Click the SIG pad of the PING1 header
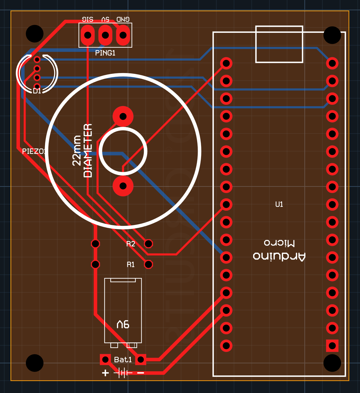point(87,35)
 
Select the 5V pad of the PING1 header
point(105,35)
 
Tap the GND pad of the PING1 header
point(123,35)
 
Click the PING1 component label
point(105,53)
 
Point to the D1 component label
point(37,91)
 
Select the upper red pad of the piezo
point(123,116)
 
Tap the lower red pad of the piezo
point(123,186)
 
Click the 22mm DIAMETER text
point(82,151)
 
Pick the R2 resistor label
point(130,244)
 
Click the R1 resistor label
point(130,264)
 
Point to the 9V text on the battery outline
point(123,324)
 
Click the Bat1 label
point(123,360)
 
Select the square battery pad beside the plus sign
point(105,359)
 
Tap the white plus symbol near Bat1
point(105,373)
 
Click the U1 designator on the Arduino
point(279,204)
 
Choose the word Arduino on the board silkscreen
point(279,256)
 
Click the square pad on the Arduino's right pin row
point(332,346)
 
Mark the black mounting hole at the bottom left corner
point(35,363)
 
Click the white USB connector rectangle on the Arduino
point(279,44)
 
